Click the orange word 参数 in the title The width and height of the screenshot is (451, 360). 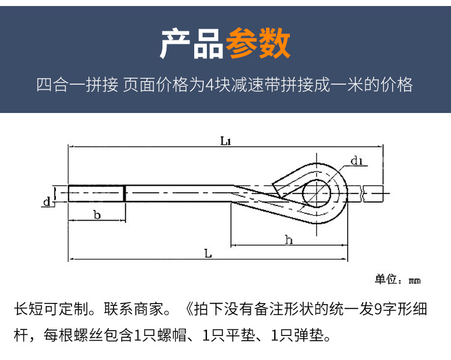(x=257, y=43)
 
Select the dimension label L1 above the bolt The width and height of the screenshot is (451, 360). (x=226, y=141)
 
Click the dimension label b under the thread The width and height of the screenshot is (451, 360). (x=97, y=215)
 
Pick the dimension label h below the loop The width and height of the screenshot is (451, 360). (x=289, y=239)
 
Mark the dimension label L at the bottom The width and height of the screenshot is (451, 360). (x=208, y=254)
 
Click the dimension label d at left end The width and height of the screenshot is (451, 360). (x=46, y=201)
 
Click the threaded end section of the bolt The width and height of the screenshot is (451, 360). (x=96, y=194)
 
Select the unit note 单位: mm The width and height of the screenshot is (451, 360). (x=397, y=279)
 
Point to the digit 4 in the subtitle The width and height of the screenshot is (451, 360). (x=209, y=85)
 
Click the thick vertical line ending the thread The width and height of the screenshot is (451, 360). (x=125, y=194)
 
